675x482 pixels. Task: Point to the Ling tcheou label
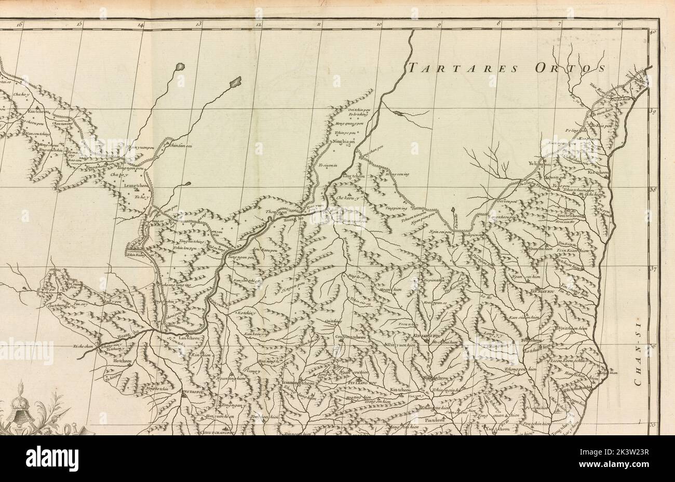coord(354,177)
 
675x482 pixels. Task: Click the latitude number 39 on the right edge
coord(653,111)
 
